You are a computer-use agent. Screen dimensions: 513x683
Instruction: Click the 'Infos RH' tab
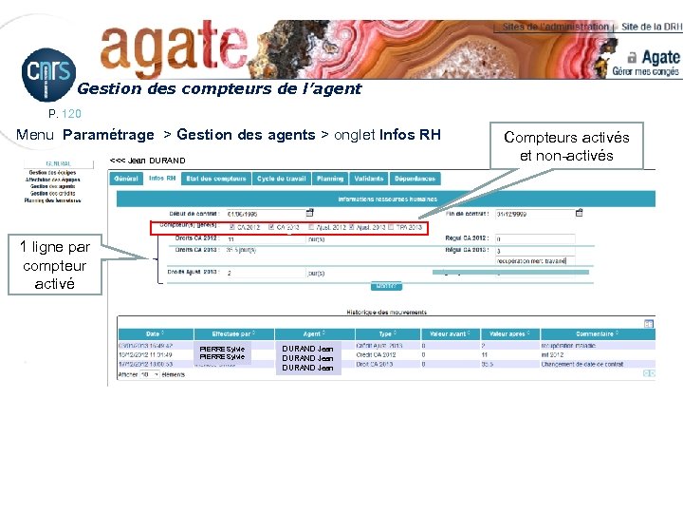pos(162,179)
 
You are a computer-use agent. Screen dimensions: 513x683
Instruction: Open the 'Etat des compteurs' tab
pos(216,179)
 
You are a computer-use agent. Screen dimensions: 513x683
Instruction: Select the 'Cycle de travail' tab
pos(281,179)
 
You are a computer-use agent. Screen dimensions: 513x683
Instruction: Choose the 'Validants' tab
pos(368,179)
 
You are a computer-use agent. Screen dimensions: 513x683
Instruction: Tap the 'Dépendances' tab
pos(415,179)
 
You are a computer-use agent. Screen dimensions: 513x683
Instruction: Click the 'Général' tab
pos(126,179)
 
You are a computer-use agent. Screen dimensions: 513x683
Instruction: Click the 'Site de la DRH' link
pos(650,28)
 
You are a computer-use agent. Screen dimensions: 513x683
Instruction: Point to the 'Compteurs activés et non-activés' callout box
pos(566,146)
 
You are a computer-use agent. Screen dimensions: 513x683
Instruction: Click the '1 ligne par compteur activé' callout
pos(54,265)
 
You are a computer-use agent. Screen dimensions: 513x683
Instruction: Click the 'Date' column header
pos(154,333)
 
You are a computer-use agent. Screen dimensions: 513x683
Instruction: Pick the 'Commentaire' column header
pos(596,333)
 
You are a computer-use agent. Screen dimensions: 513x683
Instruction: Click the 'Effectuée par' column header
pos(232,333)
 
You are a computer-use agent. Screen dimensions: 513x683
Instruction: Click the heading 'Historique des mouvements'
pos(385,313)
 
